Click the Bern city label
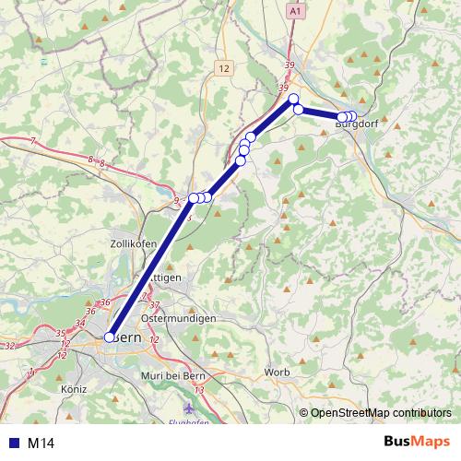128,337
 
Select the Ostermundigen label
179,318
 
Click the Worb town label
277,372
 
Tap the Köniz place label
72,389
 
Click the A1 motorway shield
295,11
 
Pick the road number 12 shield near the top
224,68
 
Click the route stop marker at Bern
110,337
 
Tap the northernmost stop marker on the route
294,99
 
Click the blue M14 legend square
12,443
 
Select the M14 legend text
41,443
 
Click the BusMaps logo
416,442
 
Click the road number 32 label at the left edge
10,345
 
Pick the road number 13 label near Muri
198,390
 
